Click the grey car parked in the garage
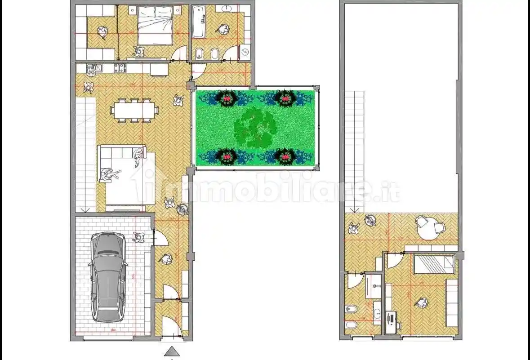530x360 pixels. tap(108, 276)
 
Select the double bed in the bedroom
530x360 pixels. tap(154, 25)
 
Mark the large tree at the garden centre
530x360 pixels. tap(254, 127)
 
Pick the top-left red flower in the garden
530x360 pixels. tap(227, 98)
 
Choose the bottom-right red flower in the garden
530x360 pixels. tap(285, 157)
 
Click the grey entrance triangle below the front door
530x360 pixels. tap(172, 351)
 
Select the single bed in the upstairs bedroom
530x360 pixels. tap(434, 264)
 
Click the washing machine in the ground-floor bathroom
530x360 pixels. tap(245, 52)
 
